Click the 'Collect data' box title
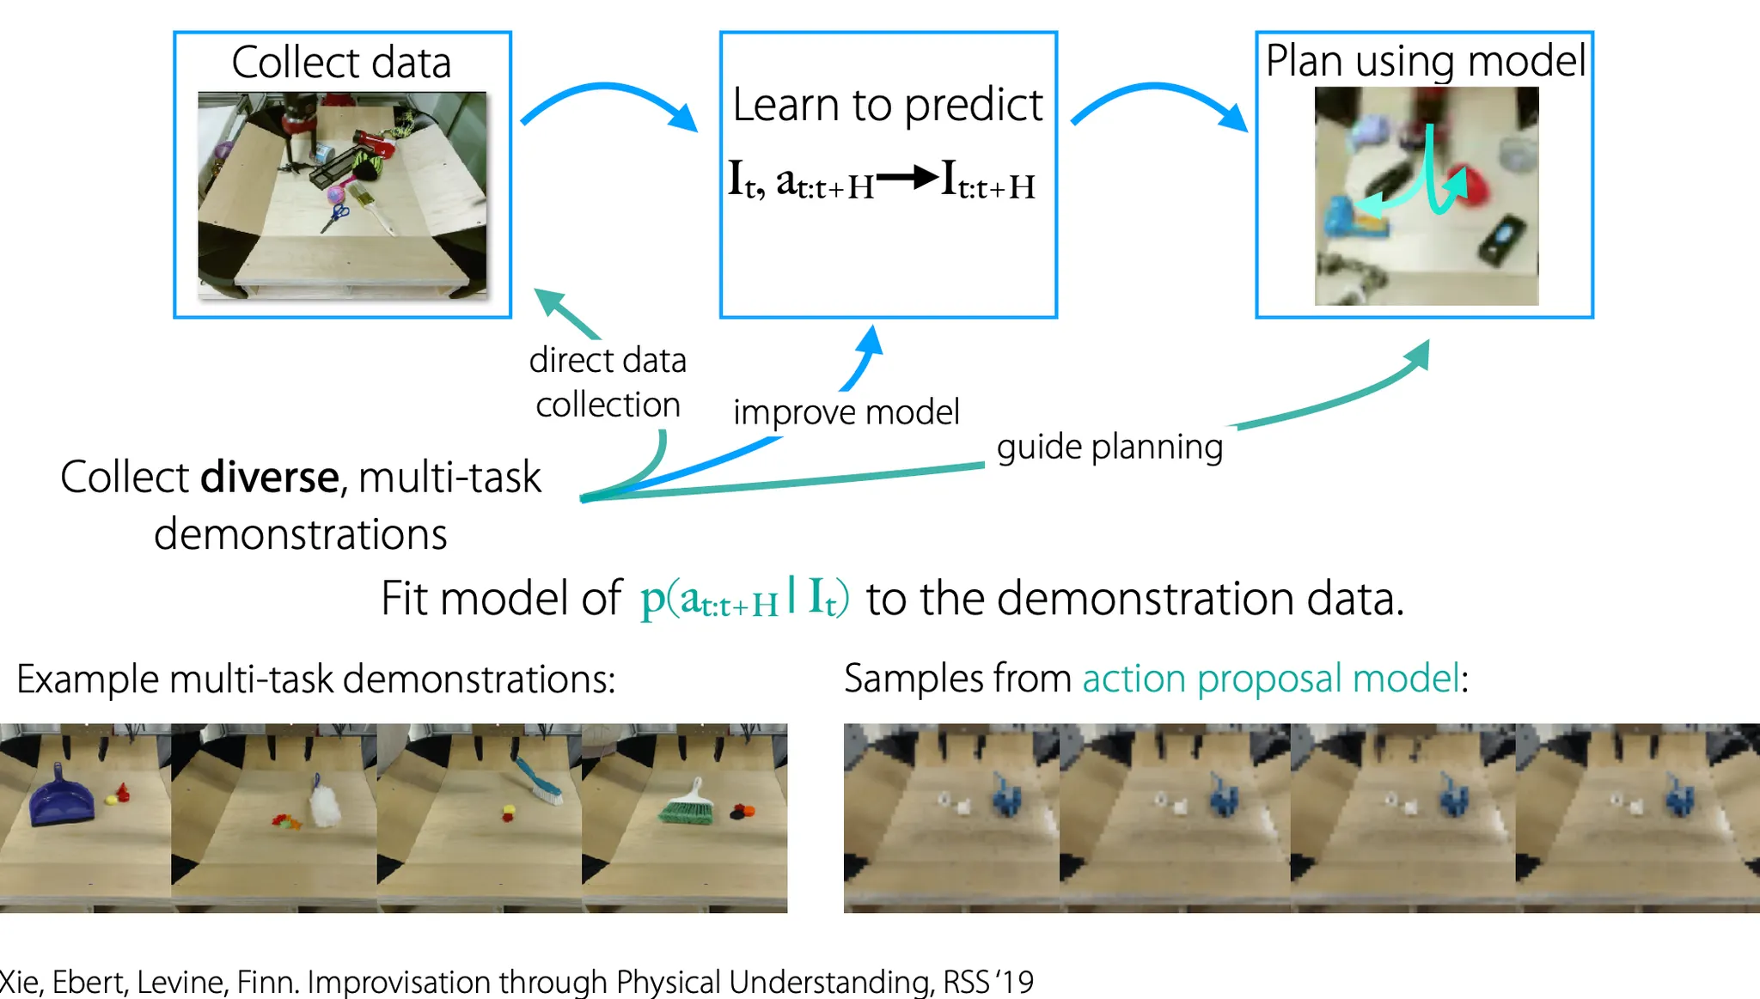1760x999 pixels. coord(341,63)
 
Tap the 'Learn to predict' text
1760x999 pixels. coord(887,106)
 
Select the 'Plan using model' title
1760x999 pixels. coord(1425,61)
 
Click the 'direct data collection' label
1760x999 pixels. coord(608,382)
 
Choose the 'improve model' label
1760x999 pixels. coord(846,412)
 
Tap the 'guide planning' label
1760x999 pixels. coord(1109,448)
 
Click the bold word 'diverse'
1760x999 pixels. coord(270,478)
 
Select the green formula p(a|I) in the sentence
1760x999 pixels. coord(744,598)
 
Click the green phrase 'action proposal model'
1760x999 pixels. coord(1270,679)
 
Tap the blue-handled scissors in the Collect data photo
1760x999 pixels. coord(336,215)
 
